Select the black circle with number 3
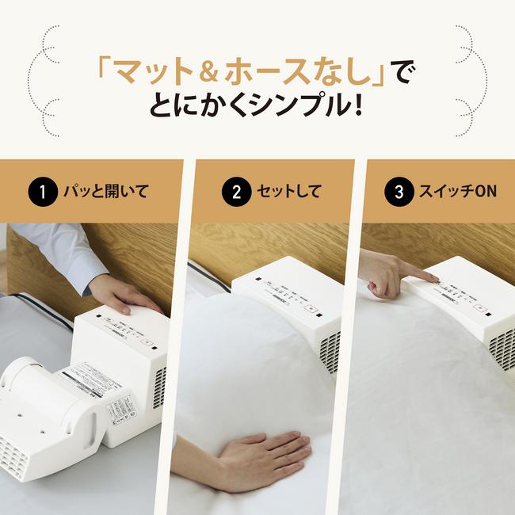click(x=397, y=192)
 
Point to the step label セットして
click(x=288, y=192)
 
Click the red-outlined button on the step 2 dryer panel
click(x=312, y=311)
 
